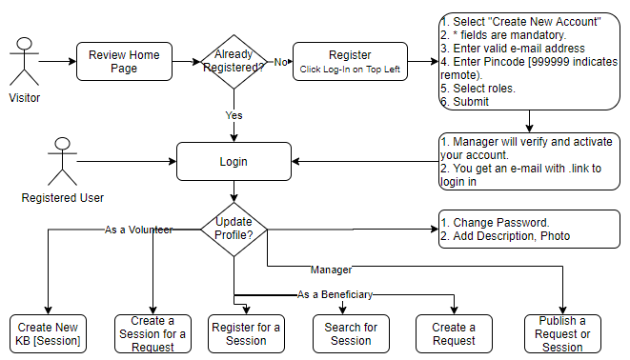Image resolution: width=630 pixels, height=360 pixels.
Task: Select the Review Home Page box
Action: click(x=125, y=62)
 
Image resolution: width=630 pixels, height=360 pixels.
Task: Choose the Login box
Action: click(x=234, y=162)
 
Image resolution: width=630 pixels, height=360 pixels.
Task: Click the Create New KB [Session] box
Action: click(x=48, y=334)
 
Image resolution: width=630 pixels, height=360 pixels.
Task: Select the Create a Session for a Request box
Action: click(x=152, y=334)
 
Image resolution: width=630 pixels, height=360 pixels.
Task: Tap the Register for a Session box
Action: click(x=246, y=334)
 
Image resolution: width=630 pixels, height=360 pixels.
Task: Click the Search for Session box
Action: click(x=351, y=334)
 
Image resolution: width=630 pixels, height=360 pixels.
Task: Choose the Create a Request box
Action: click(x=454, y=334)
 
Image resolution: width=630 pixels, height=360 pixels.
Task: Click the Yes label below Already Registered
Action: click(x=234, y=115)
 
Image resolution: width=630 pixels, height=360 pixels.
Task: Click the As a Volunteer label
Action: click(x=138, y=230)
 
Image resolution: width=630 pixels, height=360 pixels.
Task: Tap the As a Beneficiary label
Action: click(x=335, y=294)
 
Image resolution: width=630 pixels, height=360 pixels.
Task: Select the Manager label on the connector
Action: click(x=332, y=270)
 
